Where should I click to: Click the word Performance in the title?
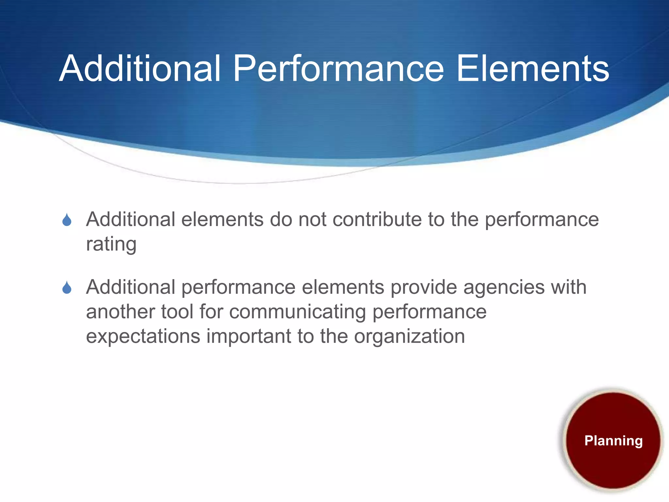[338, 69]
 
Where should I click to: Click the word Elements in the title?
[532, 69]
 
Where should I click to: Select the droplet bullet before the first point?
[67, 220]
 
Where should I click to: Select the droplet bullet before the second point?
[67, 288]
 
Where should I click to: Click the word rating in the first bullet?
[111, 244]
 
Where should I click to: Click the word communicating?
[297, 312]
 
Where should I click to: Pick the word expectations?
[143, 336]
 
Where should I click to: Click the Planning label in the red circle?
[613, 441]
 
